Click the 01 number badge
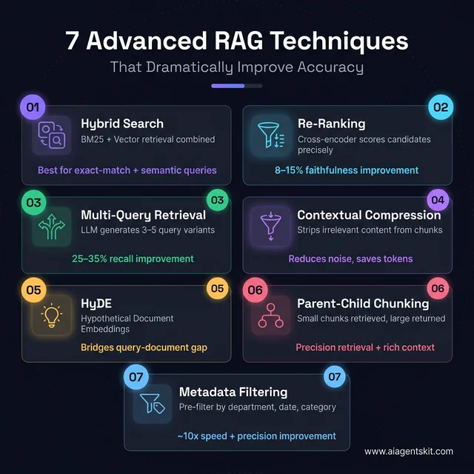pyautogui.click(x=32, y=107)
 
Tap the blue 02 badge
pyautogui.click(x=441, y=107)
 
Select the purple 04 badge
pyautogui.click(x=438, y=200)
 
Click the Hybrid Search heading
pyautogui.click(x=122, y=124)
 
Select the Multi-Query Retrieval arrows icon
pyautogui.click(x=51, y=227)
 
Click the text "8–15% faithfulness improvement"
pyautogui.click(x=358, y=170)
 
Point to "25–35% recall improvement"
pyautogui.click(x=133, y=258)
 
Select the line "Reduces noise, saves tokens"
pyautogui.click(x=350, y=258)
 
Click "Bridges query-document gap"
pyautogui.click(x=144, y=347)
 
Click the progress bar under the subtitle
pyautogui.click(x=236, y=86)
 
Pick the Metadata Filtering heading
pyautogui.click(x=233, y=392)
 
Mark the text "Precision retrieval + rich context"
pyautogui.click(x=365, y=347)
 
